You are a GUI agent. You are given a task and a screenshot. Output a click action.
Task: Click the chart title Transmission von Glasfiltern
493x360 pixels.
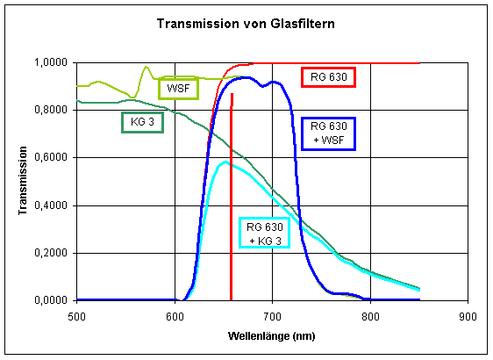(x=246, y=23)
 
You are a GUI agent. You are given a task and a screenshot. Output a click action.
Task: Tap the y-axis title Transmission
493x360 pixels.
(x=20, y=182)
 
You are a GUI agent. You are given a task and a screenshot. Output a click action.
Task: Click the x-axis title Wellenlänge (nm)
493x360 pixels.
(x=272, y=336)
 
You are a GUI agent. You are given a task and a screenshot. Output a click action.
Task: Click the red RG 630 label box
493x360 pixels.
(x=329, y=77)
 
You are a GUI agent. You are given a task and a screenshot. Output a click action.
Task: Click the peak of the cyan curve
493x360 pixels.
(x=225, y=162)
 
